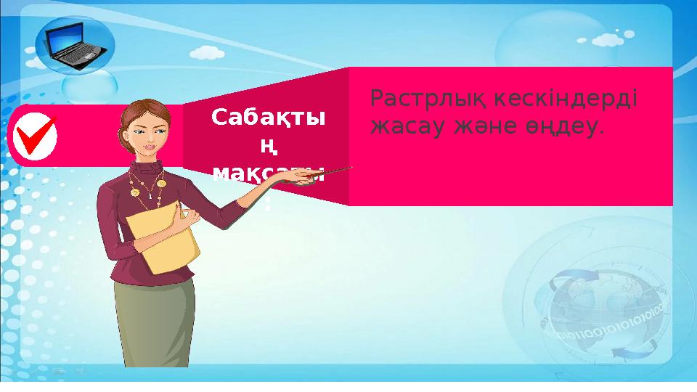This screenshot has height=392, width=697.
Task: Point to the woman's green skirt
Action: coord(154,319)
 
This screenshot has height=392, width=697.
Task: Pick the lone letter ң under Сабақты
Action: coord(269,147)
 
